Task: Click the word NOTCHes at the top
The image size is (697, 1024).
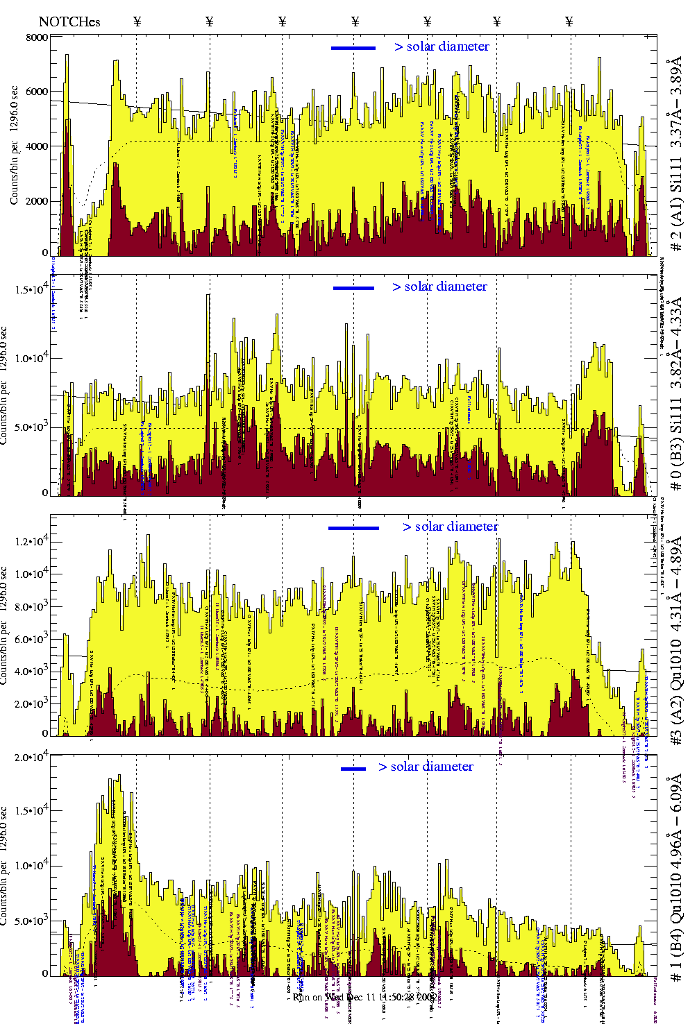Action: [x=69, y=22]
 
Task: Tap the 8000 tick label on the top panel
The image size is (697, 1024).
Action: [x=37, y=38]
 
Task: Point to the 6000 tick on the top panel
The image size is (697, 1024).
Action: [x=37, y=92]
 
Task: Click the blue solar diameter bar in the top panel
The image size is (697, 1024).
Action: [x=353, y=48]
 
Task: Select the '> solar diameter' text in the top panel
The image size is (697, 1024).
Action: [x=442, y=46]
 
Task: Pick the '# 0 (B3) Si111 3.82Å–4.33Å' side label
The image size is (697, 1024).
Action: [x=675, y=393]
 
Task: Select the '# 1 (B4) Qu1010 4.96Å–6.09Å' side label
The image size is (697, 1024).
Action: [x=675, y=876]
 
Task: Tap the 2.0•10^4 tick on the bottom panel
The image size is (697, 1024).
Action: [x=32, y=757]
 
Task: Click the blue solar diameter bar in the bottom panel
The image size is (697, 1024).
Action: [x=353, y=769]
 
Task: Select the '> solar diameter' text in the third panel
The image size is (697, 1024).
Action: [x=450, y=527]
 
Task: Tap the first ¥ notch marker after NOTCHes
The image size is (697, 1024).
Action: [x=137, y=22]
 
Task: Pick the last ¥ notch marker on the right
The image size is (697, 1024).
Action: [x=569, y=22]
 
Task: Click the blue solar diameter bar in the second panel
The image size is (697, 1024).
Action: [x=353, y=288]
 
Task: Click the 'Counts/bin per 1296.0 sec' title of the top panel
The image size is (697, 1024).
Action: [x=15, y=145]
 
